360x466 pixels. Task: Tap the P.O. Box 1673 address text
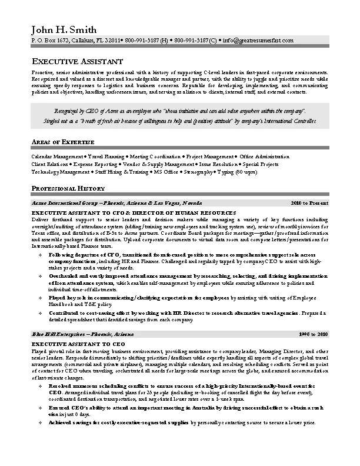(50, 40)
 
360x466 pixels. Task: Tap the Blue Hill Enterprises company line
(82, 334)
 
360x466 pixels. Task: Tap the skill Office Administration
(265, 157)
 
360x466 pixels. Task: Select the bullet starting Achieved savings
(176, 423)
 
